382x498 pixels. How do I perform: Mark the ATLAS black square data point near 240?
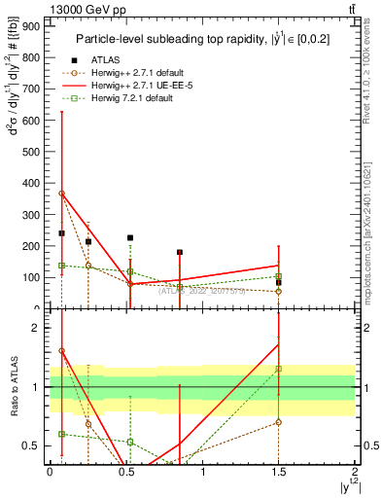61,233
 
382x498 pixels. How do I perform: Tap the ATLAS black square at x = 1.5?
278,282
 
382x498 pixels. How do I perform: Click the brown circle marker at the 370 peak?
61,193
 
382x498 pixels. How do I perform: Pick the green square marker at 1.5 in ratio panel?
278,369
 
